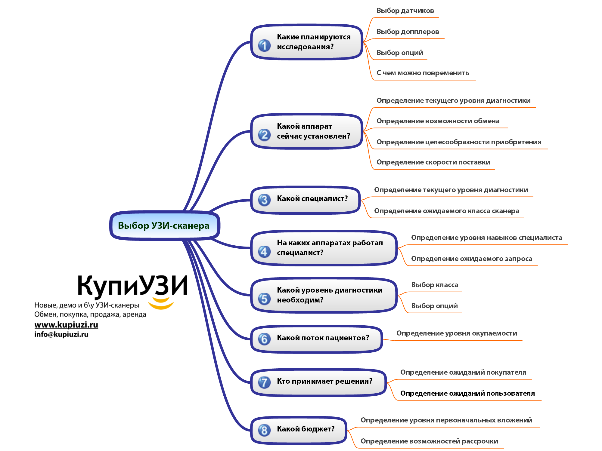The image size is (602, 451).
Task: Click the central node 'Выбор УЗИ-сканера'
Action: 165,226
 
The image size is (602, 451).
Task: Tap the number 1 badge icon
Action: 264,46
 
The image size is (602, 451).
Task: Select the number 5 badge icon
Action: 264,299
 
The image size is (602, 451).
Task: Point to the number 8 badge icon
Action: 264,430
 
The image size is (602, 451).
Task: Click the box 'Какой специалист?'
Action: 306,200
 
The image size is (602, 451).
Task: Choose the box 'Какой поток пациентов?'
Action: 317,339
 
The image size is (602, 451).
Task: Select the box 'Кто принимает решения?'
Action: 318,382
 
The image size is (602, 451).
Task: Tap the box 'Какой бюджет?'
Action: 299,430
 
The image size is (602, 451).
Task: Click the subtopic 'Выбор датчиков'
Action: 405,11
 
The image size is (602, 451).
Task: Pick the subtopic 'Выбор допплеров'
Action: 408,32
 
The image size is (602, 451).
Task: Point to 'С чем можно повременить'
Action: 423,73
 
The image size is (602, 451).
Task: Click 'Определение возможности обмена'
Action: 438,121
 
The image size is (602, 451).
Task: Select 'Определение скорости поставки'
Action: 433,162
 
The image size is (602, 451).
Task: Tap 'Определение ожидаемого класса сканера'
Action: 447,211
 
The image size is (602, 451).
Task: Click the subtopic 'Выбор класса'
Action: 435,285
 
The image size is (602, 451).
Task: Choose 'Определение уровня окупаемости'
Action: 457,333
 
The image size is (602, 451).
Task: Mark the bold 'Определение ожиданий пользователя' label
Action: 467,393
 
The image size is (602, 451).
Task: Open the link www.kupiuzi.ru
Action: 66,325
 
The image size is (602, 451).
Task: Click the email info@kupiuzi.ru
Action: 61,334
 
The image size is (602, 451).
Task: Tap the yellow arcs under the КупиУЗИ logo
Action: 161,304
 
